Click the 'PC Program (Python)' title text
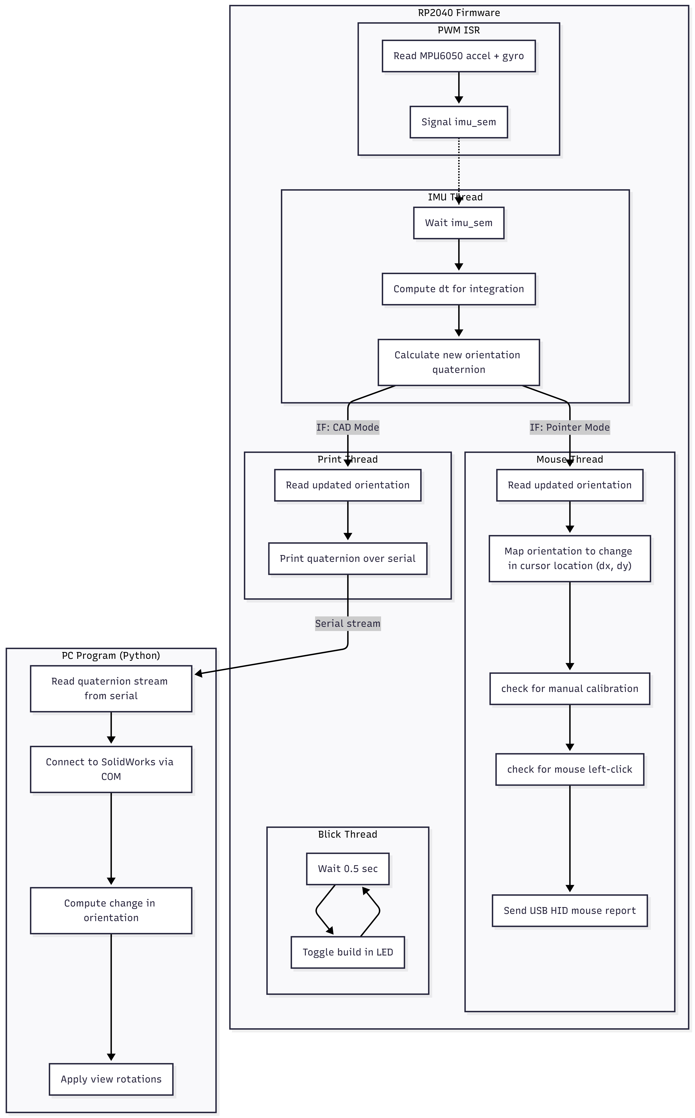[111, 656]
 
